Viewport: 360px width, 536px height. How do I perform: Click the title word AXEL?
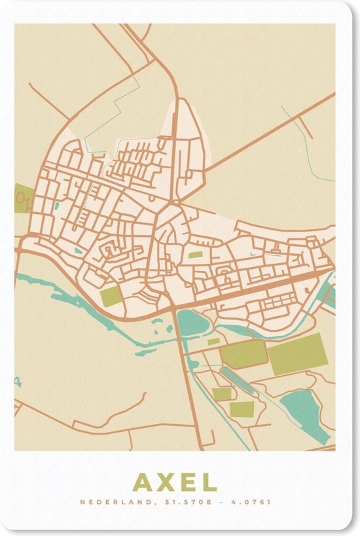(x=175, y=482)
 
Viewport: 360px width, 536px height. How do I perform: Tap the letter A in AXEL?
(x=142, y=482)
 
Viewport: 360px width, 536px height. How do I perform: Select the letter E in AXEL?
(x=187, y=482)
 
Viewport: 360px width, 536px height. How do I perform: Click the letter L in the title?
(x=209, y=482)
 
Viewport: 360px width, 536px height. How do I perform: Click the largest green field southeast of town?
(x=298, y=354)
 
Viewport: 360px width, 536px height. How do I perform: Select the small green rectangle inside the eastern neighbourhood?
(x=196, y=255)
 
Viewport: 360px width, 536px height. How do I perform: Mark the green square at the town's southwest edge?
(x=111, y=296)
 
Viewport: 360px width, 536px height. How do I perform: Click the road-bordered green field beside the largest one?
(x=243, y=354)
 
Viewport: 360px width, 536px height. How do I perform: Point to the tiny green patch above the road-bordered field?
(x=214, y=341)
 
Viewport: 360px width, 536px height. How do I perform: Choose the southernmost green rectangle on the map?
(x=241, y=409)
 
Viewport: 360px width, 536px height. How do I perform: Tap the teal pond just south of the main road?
(x=190, y=323)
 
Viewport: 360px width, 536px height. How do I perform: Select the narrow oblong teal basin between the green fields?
(x=237, y=381)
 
